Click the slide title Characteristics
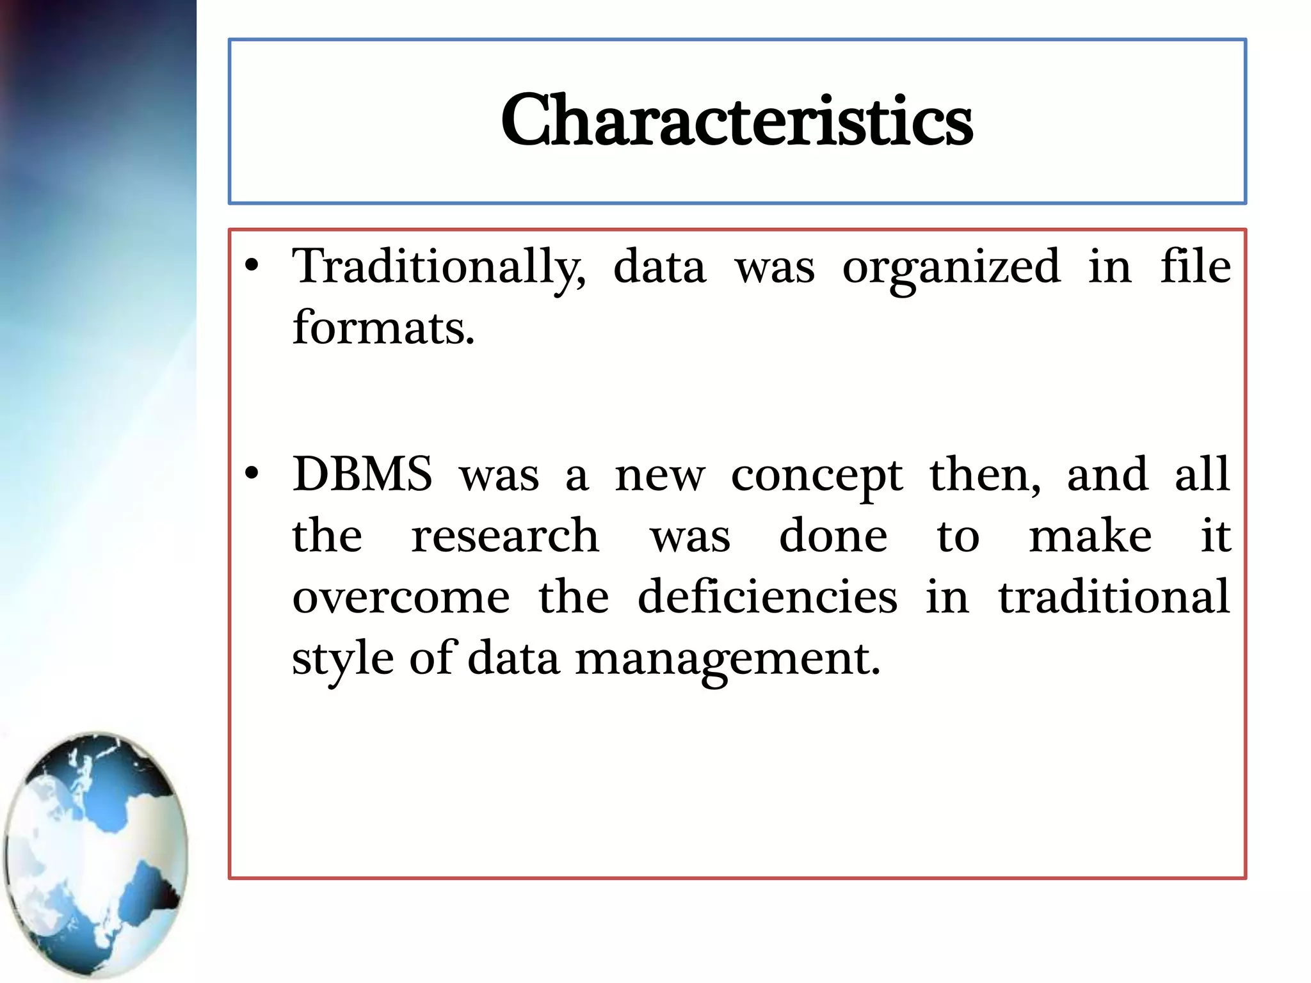click(737, 120)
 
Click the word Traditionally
click(438, 267)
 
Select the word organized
click(951, 267)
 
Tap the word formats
click(383, 328)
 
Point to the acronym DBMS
click(362, 474)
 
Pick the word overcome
click(401, 596)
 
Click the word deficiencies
click(767, 596)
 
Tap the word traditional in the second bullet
click(1114, 596)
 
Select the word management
click(727, 659)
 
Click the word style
click(342, 659)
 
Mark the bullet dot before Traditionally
click(252, 265)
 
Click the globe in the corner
click(96, 854)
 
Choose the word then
click(985, 475)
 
